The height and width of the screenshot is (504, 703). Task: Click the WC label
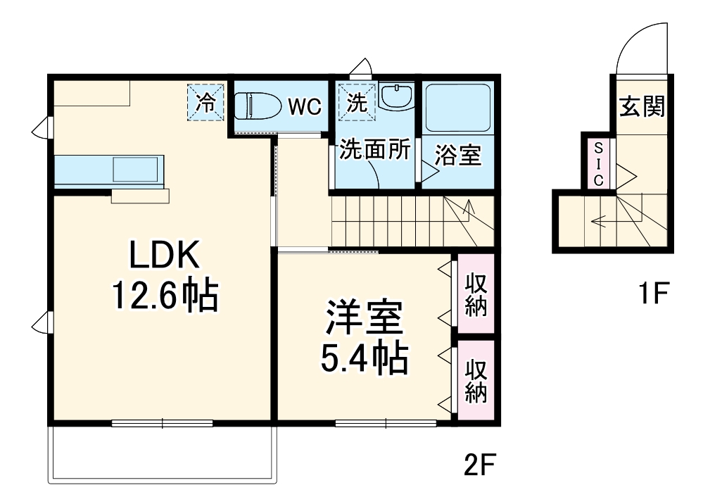304,107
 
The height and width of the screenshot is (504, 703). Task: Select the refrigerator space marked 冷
205,103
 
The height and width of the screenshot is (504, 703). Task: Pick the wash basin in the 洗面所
398,96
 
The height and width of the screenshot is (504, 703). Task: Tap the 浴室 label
457,156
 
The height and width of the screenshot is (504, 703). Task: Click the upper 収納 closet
476,293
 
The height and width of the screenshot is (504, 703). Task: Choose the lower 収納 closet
476,380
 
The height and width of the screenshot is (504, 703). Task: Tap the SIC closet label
598,163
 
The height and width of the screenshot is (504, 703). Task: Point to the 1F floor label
652,291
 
